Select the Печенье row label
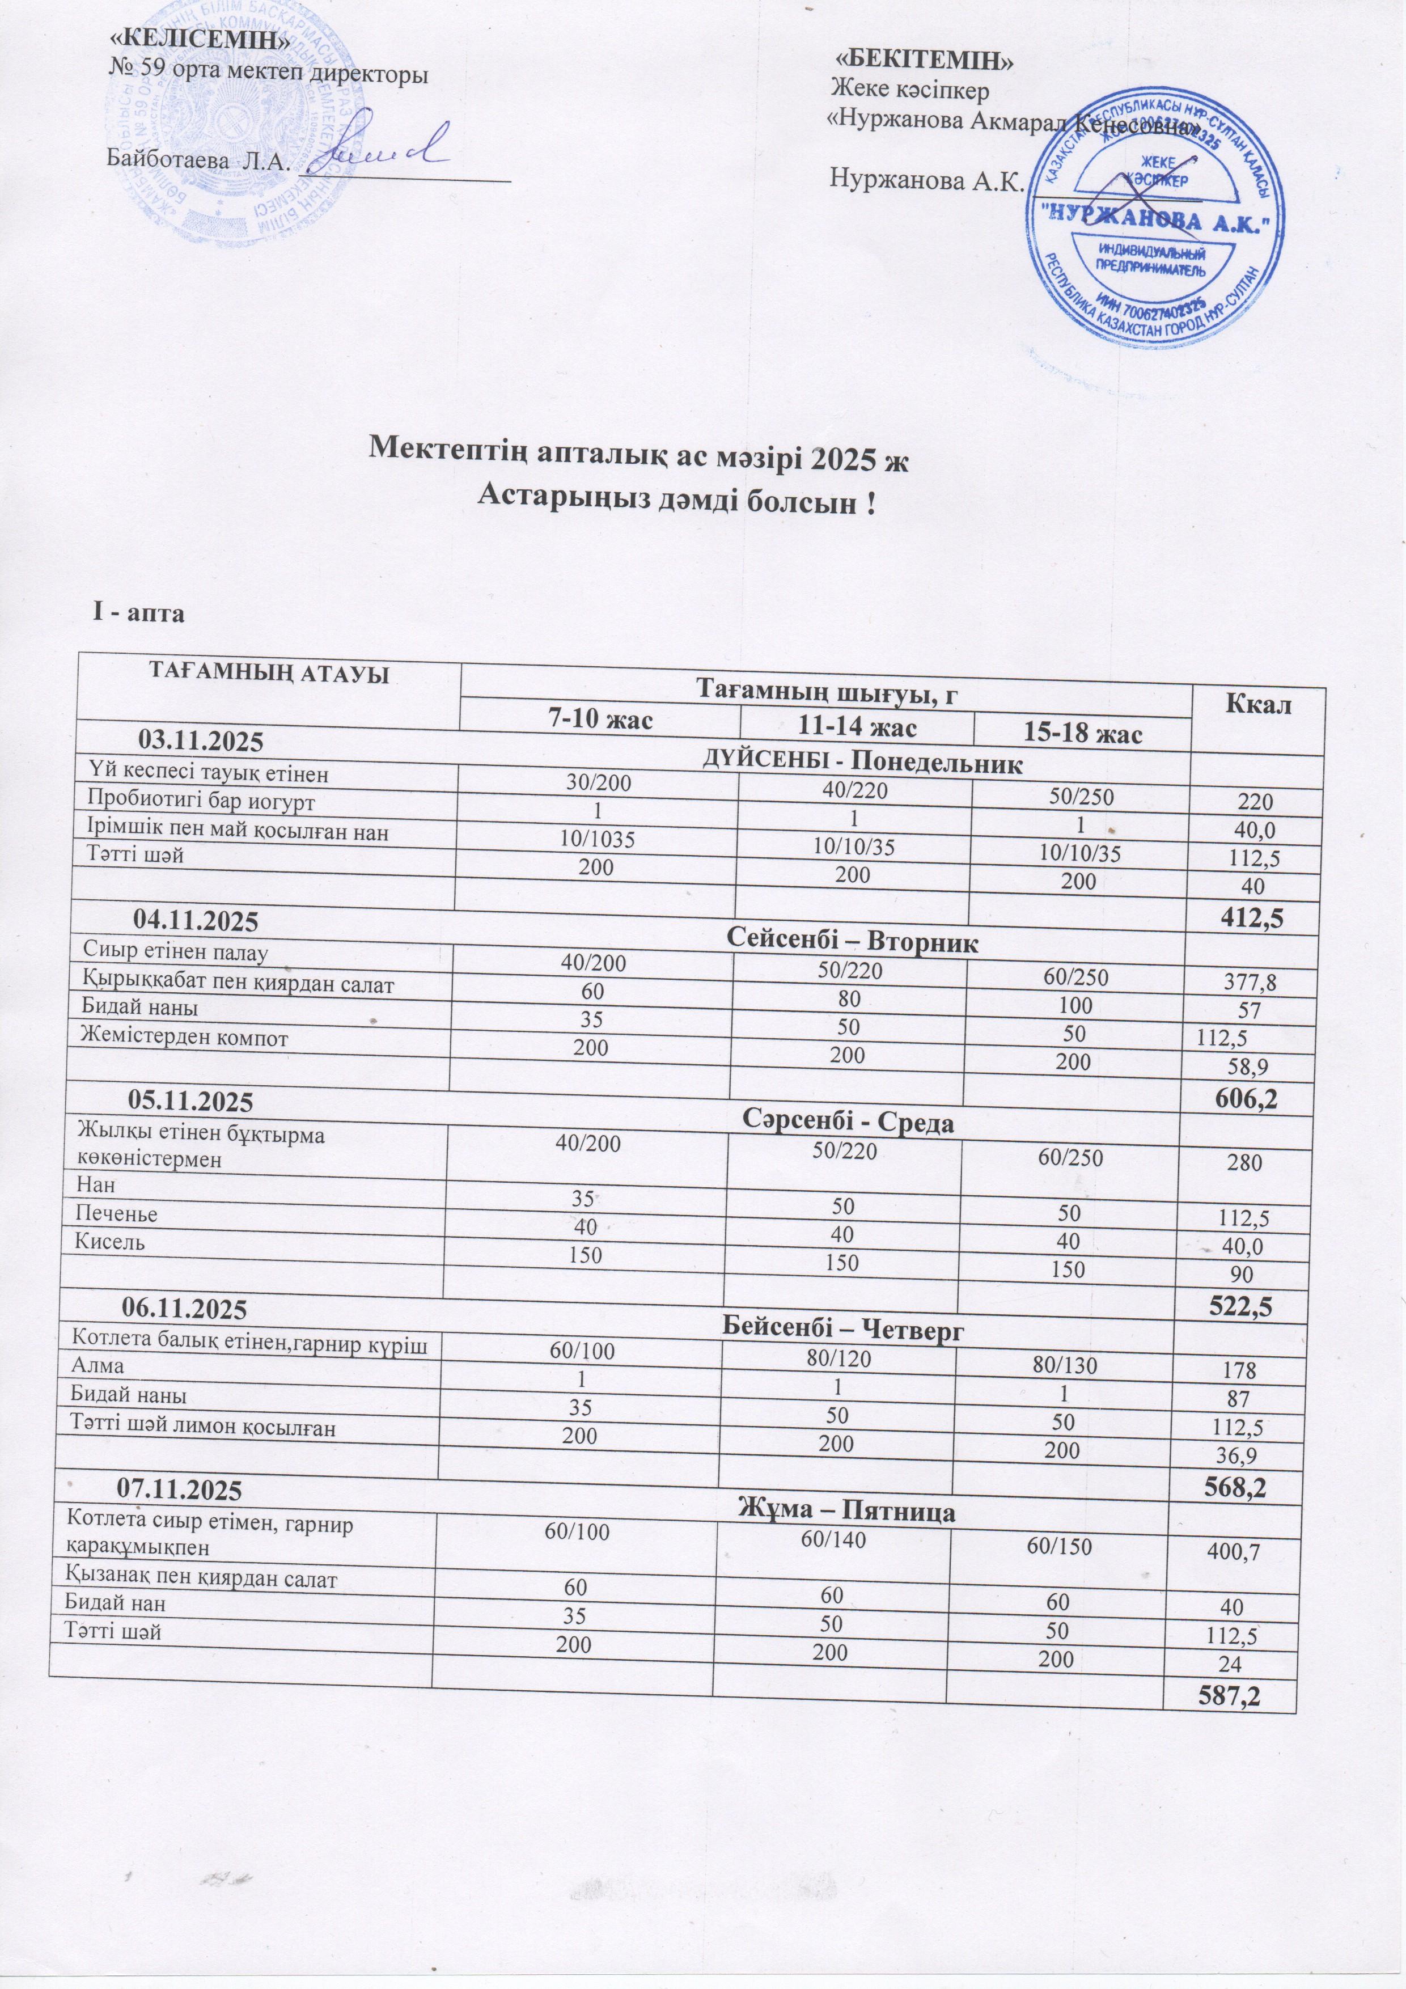tap(117, 1213)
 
